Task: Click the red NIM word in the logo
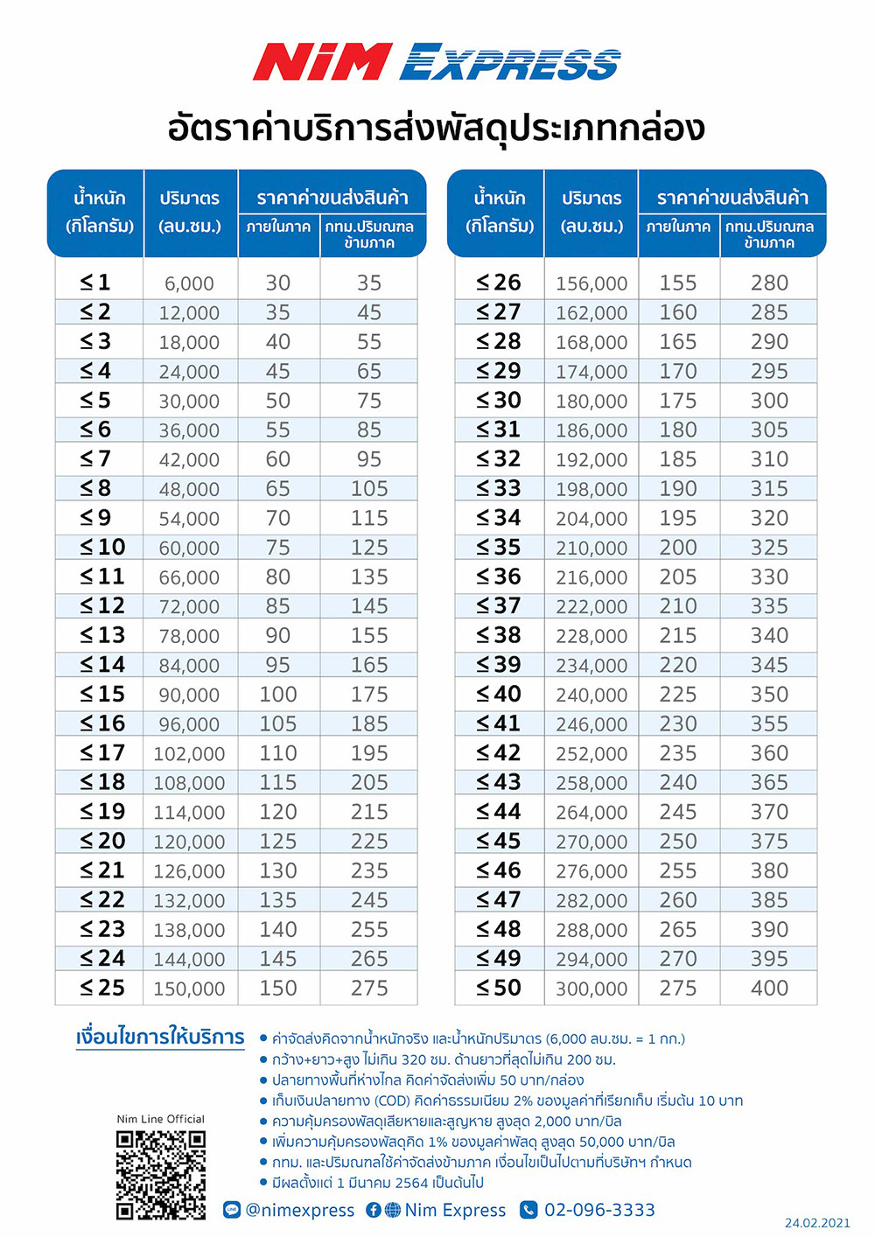[322, 62]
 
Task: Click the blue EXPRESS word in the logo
[510, 62]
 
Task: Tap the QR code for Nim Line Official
[161, 1174]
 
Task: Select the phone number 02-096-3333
[599, 1210]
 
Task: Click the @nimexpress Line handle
[300, 1210]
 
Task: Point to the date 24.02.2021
[816, 1223]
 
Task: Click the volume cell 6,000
[189, 283]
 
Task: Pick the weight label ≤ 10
[102, 548]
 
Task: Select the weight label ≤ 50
[499, 989]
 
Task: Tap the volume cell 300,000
[591, 989]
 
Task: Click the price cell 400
[769, 989]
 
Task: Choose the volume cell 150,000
[189, 989]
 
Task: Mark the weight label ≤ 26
[499, 283]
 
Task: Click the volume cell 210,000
[591, 549]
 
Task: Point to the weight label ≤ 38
[499, 636]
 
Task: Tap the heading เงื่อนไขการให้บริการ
[160, 1038]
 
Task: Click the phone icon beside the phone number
[528, 1210]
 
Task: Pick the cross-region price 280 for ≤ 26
[769, 283]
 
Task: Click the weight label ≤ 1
[95, 283]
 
